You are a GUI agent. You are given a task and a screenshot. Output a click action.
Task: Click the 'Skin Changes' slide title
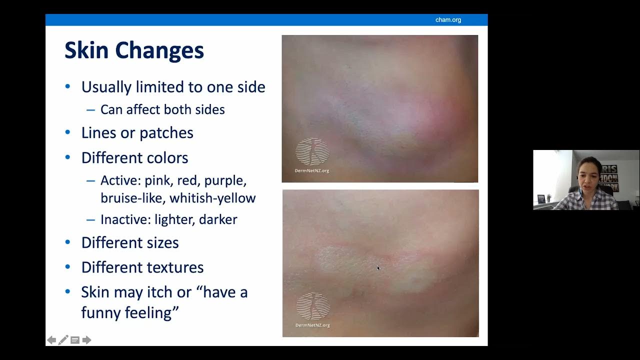click(134, 50)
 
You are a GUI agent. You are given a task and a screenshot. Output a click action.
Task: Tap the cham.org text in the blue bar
click(448, 20)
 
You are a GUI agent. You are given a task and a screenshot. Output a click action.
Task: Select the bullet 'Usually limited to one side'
click(173, 87)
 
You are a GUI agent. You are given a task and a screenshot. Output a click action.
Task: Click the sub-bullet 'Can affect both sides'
click(162, 109)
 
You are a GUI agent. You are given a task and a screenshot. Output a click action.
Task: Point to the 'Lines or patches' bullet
click(137, 133)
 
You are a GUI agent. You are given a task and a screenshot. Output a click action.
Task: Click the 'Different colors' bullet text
click(134, 158)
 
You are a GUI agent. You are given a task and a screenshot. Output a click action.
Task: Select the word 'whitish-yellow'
click(212, 198)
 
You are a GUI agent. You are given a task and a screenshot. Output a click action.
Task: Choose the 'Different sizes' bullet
click(130, 243)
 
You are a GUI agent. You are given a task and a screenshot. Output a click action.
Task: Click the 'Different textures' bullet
click(142, 267)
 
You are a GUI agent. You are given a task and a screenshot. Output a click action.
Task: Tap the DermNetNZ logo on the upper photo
click(312, 151)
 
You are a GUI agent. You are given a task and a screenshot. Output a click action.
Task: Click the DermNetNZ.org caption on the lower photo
click(312, 325)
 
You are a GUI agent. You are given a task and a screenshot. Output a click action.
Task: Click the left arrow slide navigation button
click(51, 340)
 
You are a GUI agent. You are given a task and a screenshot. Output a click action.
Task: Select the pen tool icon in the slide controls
click(63, 340)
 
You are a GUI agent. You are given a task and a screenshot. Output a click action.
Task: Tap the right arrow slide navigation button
click(87, 340)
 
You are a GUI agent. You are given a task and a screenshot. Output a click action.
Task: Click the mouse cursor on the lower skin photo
click(378, 268)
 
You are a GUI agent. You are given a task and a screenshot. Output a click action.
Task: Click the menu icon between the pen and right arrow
click(75, 340)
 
